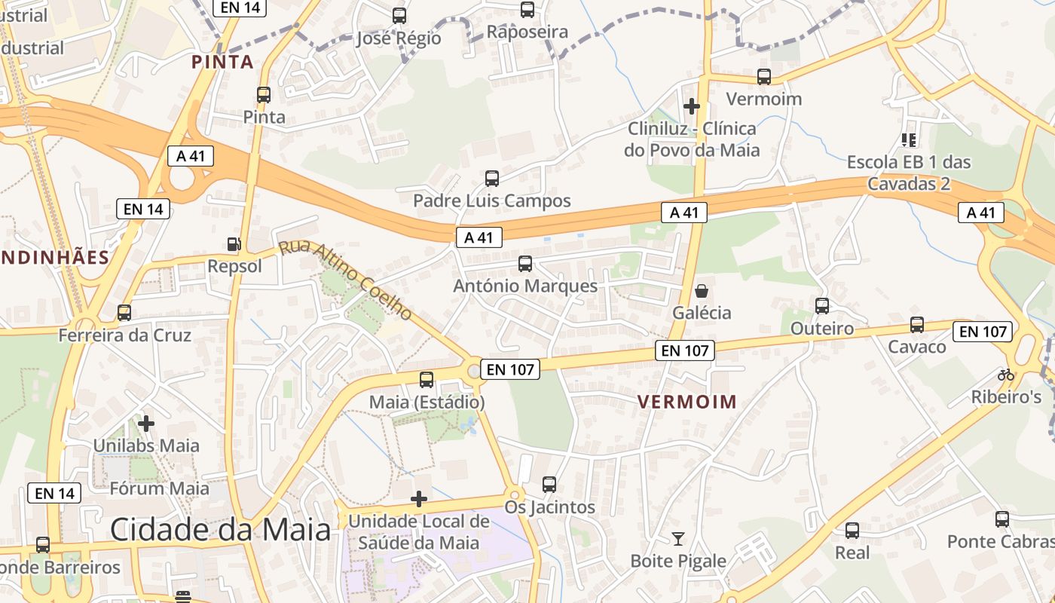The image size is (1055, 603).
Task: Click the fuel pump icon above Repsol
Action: [234, 244]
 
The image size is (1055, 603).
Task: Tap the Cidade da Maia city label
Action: [220, 530]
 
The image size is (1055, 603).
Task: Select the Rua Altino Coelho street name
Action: [345, 280]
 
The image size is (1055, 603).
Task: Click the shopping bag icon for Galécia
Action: [702, 290]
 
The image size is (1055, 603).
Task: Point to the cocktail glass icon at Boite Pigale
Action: [678, 538]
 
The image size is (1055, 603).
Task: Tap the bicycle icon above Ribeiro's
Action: [1005, 374]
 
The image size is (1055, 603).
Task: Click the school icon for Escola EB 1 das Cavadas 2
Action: [908, 139]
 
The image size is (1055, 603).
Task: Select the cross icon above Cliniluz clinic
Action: [691, 106]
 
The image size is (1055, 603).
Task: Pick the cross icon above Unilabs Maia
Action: [146, 424]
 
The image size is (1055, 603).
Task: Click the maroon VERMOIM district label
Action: [687, 402]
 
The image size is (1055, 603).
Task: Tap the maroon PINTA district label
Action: [222, 62]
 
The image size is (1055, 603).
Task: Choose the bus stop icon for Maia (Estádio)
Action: [427, 380]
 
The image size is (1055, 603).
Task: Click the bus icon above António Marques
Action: [525, 264]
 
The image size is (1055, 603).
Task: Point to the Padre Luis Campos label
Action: [491, 201]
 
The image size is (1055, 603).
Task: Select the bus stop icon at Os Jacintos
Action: [549, 485]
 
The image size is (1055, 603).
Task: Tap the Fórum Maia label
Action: [159, 488]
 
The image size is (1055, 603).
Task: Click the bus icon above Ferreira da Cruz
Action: [124, 312]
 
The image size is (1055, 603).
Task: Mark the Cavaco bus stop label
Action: [916, 347]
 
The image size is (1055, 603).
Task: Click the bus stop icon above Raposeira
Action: [527, 10]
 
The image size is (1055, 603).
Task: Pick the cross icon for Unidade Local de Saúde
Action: [419, 499]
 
